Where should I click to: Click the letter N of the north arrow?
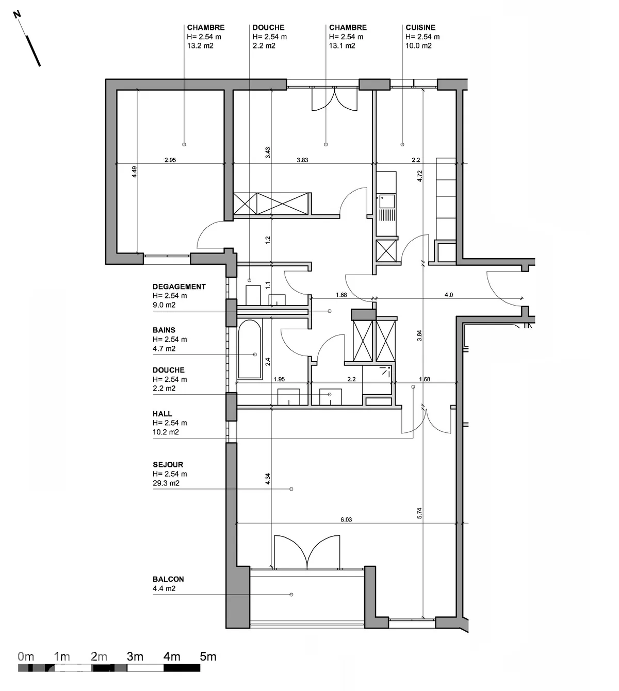click(17, 14)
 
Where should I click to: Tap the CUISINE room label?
click(420, 27)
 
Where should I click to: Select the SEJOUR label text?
click(168, 464)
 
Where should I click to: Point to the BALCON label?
click(168, 579)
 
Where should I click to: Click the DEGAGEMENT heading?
click(179, 286)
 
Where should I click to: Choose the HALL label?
click(162, 414)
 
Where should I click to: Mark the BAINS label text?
click(164, 330)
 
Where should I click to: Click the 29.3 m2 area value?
click(166, 483)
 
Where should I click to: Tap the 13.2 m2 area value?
click(200, 46)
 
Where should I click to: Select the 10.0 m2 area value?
click(418, 46)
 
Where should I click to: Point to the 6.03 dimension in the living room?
click(346, 519)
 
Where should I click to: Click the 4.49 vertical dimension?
click(134, 172)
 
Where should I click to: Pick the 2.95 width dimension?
click(170, 160)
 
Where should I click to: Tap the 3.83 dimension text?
click(302, 160)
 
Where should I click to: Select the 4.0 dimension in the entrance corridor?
click(449, 295)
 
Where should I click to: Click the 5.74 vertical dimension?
click(419, 513)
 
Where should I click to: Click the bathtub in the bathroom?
click(250, 349)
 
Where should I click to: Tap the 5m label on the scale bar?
click(208, 656)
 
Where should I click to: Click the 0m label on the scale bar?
click(26, 656)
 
